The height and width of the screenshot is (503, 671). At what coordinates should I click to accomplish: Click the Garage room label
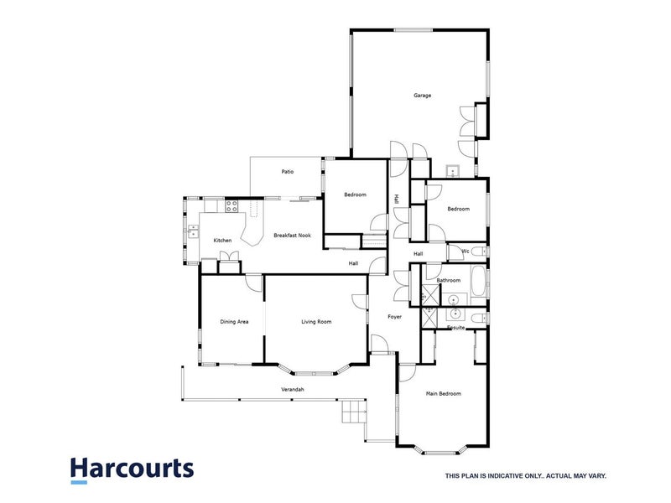pyautogui.click(x=422, y=96)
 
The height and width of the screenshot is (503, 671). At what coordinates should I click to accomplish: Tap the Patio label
pyautogui.click(x=287, y=173)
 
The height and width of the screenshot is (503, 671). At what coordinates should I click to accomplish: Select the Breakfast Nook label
pyautogui.click(x=292, y=236)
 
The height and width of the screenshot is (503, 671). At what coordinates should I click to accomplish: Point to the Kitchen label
pyautogui.click(x=222, y=241)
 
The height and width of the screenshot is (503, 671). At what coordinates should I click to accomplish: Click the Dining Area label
pyautogui.click(x=234, y=322)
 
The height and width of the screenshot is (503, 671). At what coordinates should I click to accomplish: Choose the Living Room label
pyautogui.click(x=316, y=322)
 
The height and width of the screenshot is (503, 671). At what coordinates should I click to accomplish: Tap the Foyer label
pyautogui.click(x=394, y=317)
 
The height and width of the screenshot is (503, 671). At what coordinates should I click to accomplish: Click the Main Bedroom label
pyautogui.click(x=444, y=393)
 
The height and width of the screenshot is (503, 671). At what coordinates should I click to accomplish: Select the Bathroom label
pyautogui.click(x=449, y=281)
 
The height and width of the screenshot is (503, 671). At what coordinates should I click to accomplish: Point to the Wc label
pyautogui.click(x=465, y=251)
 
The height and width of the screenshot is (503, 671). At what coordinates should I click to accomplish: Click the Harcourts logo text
pyautogui.click(x=132, y=467)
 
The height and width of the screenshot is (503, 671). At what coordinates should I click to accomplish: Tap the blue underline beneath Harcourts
pyautogui.click(x=79, y=483)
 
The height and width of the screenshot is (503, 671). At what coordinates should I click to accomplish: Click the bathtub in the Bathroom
pyautogui.click(x=478, y=282)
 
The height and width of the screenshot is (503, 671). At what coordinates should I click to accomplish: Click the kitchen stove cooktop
pyautogui.click(x=231, y=205)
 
